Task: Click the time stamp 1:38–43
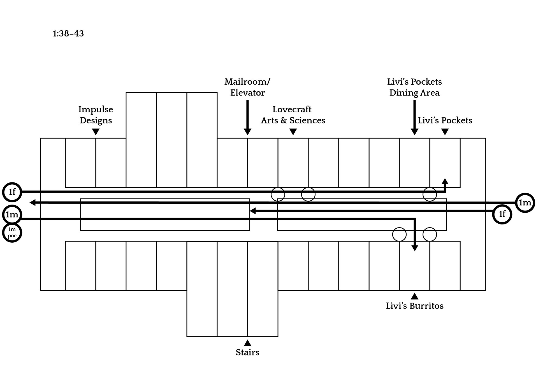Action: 68,34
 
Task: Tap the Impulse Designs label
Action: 96,115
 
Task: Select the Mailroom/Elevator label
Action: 247,87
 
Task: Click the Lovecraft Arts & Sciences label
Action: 293,115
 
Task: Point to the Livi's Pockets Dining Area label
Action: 414,87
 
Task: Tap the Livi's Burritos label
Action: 414,306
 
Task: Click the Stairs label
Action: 247,352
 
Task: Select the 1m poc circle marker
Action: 12,233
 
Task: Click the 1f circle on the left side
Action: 12,192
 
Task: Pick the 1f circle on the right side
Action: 502,214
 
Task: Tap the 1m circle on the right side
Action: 525,203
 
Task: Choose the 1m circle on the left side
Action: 12,215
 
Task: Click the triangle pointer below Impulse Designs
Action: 96,132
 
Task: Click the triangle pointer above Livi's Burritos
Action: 414,296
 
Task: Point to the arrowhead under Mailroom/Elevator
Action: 247,131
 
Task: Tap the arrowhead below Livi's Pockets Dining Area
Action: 414,131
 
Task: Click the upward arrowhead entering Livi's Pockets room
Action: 445,181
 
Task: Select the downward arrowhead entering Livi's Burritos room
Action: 415,248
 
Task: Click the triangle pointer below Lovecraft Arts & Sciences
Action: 293,132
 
